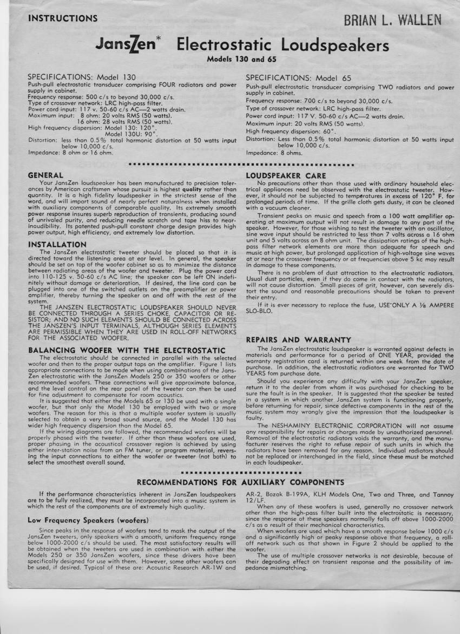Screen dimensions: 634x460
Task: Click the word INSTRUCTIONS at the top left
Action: pyautogui.click(x=63, y=18)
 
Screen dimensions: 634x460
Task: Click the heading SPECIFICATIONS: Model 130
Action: pyautogui.click(x=82, y=77)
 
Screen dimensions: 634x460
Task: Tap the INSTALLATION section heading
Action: pyautogui.click(x=57, y=245)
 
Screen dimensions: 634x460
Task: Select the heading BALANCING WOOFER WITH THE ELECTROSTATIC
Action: pyautogui.click(x=126, y=350)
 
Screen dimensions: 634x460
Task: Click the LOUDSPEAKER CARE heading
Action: pyautogui.click(x=286, y=175)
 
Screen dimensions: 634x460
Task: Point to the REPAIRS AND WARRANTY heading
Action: pyautogui.click(x=298, y=339)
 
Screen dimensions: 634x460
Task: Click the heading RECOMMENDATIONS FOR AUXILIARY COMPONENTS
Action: pyautogui.click(x=240, y=482)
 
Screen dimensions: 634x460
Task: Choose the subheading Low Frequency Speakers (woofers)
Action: pyautogui.click(x=84, y=520)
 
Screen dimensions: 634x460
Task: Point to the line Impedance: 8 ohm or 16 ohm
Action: pyautogui.click(x=70, y=153)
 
